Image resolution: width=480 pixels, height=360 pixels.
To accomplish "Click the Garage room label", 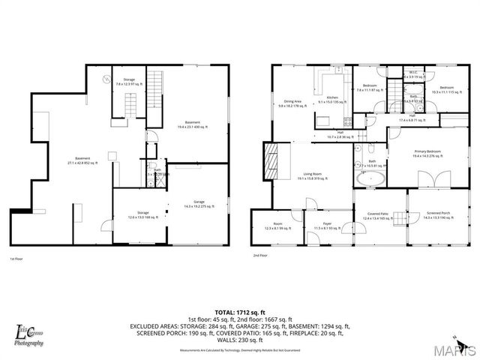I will pyautogui.click(x=199, y=204).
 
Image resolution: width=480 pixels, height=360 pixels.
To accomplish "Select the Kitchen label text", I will pyautogui.click(x=332, y=99).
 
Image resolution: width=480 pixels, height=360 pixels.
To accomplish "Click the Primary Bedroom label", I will pyautogui.click(x=427, y=154).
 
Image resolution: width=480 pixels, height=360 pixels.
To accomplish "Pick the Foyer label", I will pyautogui.click(x=327, y=226).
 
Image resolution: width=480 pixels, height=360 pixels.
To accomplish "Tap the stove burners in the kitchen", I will pyautogui.click(x=347, y=120).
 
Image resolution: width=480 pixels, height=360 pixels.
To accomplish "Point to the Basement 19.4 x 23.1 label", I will pyautogui.click(x=193, y=124).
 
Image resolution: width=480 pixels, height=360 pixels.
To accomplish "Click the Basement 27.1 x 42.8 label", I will pyautogui.click(x=82, y=160).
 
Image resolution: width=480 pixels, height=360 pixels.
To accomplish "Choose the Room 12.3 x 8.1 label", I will pyautogui.click(x=277, y=226).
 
